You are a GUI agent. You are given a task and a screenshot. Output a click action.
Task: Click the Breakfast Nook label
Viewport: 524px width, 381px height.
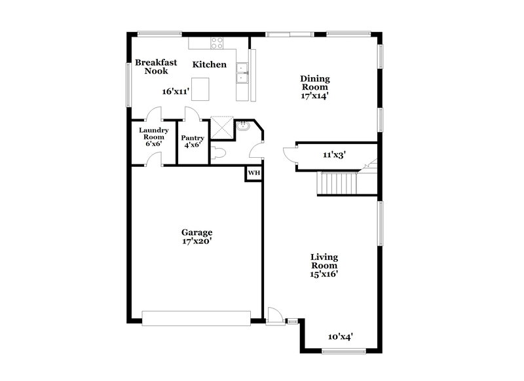coord(157,66)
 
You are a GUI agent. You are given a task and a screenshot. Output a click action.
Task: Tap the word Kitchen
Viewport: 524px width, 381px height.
coord(210,65)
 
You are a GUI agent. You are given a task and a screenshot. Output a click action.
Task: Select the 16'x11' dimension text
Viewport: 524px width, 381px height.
coord(176,92)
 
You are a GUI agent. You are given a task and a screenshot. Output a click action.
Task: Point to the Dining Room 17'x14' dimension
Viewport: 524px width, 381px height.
coord(314,95)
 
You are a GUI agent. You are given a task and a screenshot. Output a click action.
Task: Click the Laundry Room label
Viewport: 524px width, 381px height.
coord(155,136)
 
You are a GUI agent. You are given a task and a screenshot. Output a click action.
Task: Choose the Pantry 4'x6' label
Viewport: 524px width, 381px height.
coord(193,142)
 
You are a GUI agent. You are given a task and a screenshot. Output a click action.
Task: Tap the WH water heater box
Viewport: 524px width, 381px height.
coord(253,173)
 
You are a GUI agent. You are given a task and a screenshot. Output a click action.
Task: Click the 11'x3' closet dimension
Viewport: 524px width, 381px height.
coord(335,156)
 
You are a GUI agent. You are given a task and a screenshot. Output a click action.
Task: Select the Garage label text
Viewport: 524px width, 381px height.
coord(196,232)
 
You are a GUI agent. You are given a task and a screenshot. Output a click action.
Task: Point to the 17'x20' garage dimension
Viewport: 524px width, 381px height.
coord(196,242)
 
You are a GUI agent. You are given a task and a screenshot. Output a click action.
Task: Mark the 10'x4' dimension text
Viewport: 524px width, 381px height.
coord(341,336)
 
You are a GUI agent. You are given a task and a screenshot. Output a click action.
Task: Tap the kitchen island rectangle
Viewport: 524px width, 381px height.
coord(200,88)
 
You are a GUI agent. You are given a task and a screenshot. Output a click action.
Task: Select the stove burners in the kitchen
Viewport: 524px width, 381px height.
coord(217,43)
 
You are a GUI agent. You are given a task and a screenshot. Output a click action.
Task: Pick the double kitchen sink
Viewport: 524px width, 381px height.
coord(242,73)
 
